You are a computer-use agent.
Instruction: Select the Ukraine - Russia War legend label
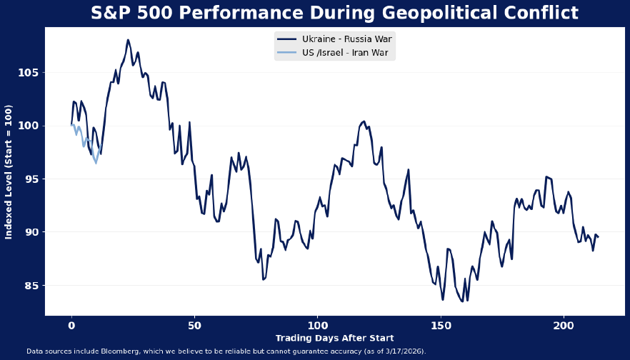point(347,39)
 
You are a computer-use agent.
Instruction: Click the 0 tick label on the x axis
point(71,325)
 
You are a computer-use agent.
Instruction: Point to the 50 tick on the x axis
point(194,325)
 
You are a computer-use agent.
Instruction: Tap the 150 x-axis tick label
point(441,325)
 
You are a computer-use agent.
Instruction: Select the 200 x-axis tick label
point(564,325)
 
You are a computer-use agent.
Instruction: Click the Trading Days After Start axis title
point(334,338)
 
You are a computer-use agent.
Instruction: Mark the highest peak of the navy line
point(128,40)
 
